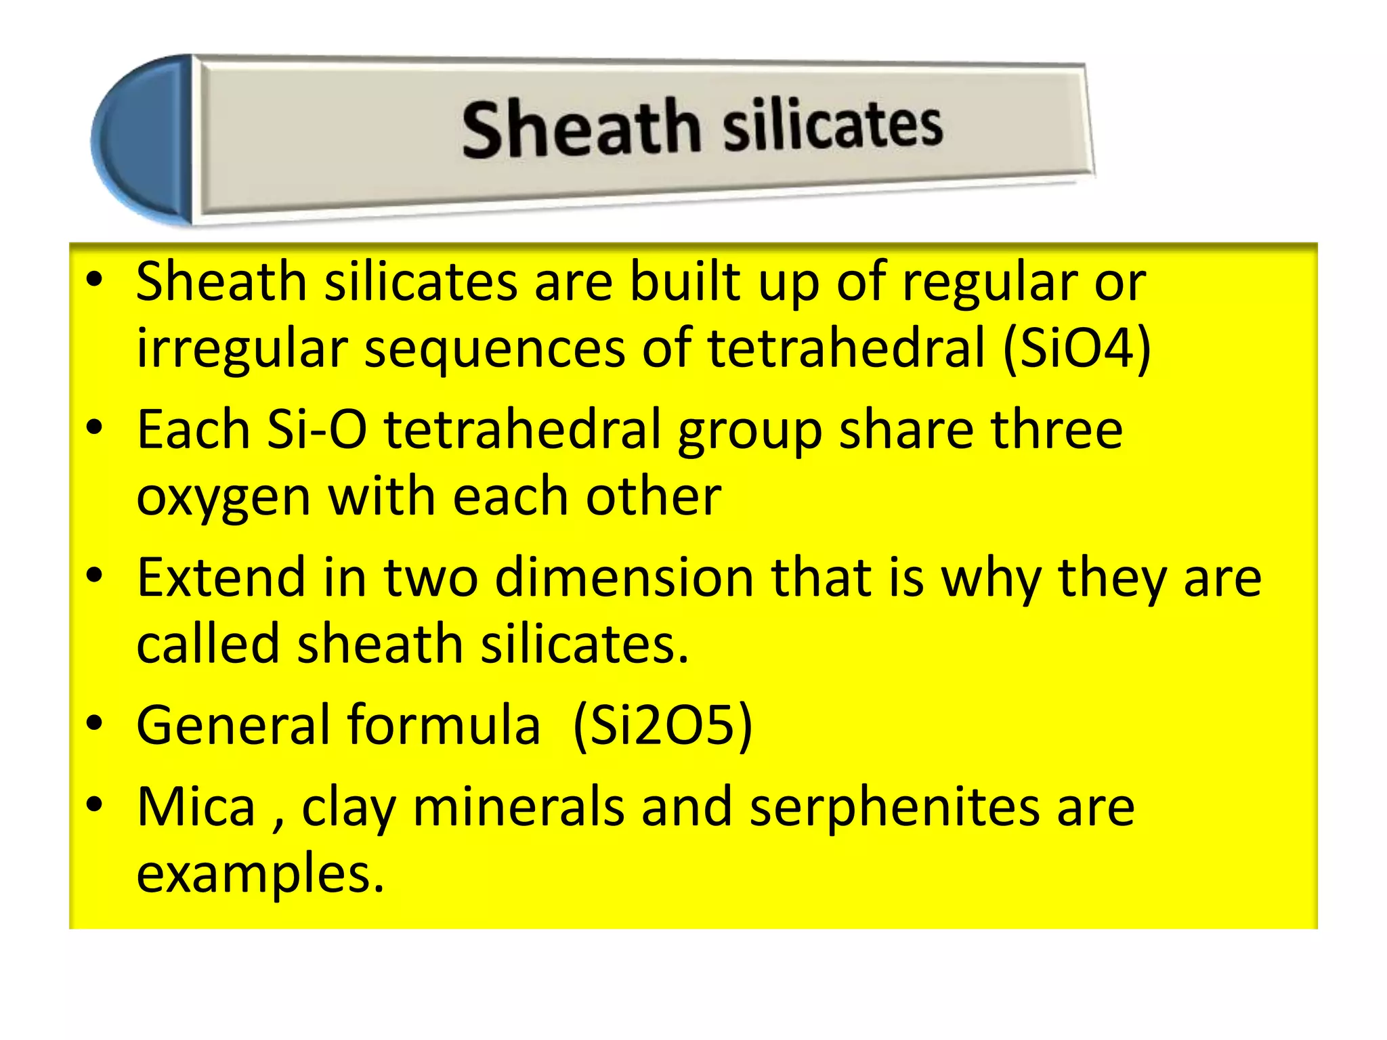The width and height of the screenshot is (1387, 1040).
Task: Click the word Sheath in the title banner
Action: [580, 128]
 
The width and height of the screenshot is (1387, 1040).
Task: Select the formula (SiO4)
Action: [1077, 348]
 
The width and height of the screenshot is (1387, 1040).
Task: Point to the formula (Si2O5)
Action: [662, 725]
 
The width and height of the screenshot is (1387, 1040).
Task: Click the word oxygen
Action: [223, 498]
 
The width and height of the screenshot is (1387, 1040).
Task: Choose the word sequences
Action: [495, 348]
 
